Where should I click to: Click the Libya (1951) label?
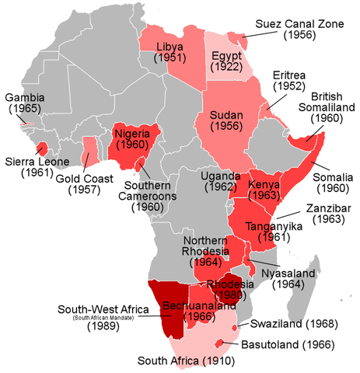(169, 51)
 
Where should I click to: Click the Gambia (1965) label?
(25, 105)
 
